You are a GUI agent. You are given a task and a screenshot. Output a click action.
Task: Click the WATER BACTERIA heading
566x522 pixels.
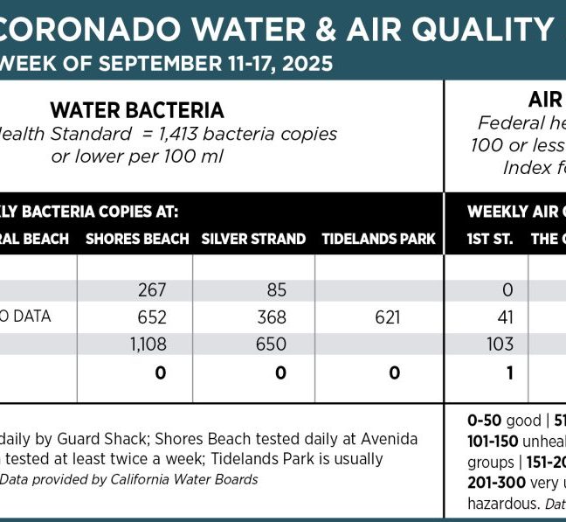coord(137,110)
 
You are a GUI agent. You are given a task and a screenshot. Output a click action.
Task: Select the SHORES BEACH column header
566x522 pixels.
coord(137,239)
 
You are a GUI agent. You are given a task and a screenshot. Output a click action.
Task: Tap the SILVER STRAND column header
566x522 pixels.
coord(253,239)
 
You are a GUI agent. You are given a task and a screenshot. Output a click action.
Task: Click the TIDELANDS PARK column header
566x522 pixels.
coord(378,239)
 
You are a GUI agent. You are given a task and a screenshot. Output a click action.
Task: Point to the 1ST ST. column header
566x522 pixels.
coord(490,239)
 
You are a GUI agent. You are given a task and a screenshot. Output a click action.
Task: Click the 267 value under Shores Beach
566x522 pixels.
coord(152,290)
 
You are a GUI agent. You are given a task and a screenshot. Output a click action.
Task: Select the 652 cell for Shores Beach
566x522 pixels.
coord(152,317)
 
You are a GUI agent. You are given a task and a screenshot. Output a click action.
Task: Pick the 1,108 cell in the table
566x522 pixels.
coord(148,345)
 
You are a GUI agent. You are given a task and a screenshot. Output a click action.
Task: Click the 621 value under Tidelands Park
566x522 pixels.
coord(387,317)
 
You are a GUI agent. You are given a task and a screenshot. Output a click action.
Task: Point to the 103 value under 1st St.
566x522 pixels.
coord(500,345)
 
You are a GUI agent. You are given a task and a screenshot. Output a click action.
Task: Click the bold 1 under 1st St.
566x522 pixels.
coord(507,372)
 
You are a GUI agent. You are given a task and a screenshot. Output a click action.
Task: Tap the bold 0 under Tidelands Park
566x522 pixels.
coord(395,372)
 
